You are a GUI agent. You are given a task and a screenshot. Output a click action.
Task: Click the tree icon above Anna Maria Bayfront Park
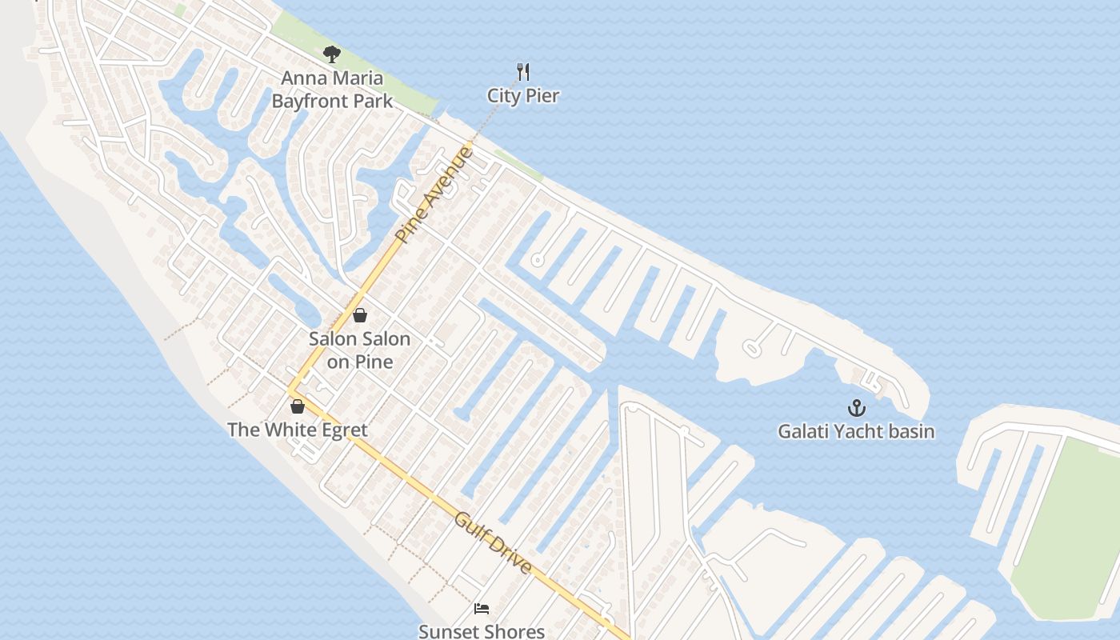(x=332, y=54)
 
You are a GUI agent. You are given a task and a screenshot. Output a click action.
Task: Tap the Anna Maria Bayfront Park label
(x=332, y=90)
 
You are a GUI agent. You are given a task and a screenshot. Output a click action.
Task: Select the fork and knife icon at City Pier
(x=523, y=72)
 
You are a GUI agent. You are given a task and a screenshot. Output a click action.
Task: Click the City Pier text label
(x=523, y=96)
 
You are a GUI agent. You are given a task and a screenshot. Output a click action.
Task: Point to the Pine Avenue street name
(x=434, y=194)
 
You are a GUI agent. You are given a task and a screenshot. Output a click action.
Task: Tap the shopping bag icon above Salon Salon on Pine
(x=360, y=315)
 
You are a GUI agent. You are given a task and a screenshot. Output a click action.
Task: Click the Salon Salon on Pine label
(x=360, y=350)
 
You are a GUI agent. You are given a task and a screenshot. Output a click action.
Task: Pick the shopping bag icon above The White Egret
(x=298, y=406)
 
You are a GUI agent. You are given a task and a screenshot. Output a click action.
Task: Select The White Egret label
(x=298, y=430)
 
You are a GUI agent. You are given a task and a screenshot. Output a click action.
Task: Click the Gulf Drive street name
(x=493, y=543)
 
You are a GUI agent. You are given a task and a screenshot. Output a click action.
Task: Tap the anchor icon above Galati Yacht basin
(x=857, y=408)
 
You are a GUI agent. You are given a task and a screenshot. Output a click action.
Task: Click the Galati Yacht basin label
(x=857, y=432)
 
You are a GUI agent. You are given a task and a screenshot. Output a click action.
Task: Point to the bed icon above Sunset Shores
(x=482, y=609)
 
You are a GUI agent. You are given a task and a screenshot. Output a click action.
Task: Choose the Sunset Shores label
(x=482, y=631)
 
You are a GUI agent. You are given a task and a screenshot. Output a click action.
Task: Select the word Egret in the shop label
(x=341, y=430)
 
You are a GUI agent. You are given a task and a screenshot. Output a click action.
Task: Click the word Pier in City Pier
(x=542, y=96)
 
